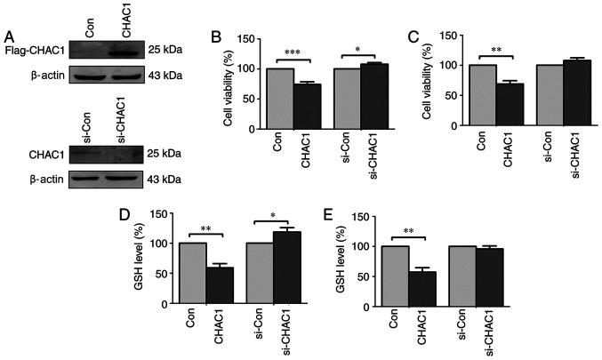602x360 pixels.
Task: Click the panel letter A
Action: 7,36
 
